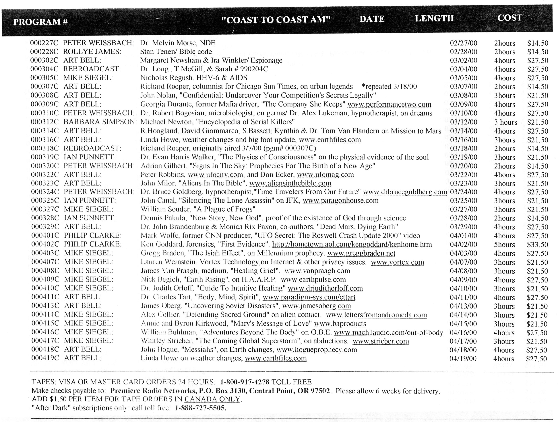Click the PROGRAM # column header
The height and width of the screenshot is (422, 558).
coord(40,22)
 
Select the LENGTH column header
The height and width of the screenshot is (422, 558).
coord(434,18)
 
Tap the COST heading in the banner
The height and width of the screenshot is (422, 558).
coord(509,18)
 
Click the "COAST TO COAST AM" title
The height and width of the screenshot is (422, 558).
coord(276,20)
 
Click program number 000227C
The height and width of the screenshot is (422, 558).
coord(44,43)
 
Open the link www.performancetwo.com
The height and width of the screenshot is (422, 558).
coord(389,104)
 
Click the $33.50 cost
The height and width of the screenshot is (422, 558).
coord(537,245)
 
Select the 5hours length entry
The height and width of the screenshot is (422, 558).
coord(504,245)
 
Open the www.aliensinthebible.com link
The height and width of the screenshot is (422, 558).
coord(290,183)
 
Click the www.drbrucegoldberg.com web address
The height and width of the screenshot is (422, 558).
coord(405,192)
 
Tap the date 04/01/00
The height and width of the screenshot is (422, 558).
coord(463,236)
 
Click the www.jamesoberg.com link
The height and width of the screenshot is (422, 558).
coord(316,306)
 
